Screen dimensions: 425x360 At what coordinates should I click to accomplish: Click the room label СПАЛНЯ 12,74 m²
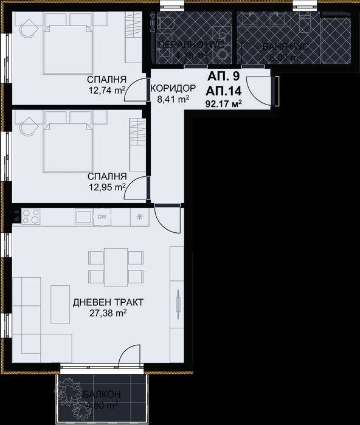(x=106, y=86)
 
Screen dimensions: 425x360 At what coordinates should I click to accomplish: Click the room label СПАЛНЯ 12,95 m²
(x=106, y=181)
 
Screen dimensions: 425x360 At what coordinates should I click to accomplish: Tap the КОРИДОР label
(x=171, y=88)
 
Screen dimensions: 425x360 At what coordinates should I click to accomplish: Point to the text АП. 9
(x=223, y=77)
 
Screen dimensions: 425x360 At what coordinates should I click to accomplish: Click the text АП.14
(x=223, y=91)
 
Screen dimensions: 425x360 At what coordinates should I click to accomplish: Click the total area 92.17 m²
(x=224, y=103)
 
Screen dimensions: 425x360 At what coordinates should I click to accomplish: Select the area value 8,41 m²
(x=171, y=99)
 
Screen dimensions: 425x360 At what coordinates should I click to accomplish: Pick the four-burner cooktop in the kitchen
(x=31, y=216)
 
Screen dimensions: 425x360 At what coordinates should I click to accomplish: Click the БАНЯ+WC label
(x=282, y=47)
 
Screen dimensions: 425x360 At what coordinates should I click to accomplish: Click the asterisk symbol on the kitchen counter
(x=140, y=217)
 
